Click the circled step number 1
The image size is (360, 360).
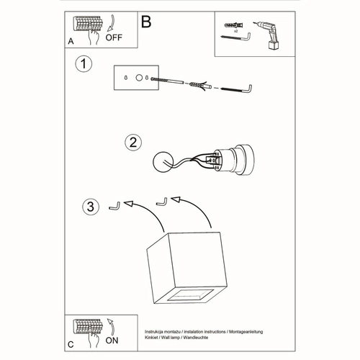[x=84, y=65]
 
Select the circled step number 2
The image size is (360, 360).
[x=132, y=142]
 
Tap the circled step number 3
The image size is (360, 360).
[x=88, y=207]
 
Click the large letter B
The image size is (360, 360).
[x=146, y=23]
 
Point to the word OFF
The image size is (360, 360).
[x=114, y=40]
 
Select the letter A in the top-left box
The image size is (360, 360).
[x=71, y=42]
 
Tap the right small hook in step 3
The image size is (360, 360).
[x=163, y=200]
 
